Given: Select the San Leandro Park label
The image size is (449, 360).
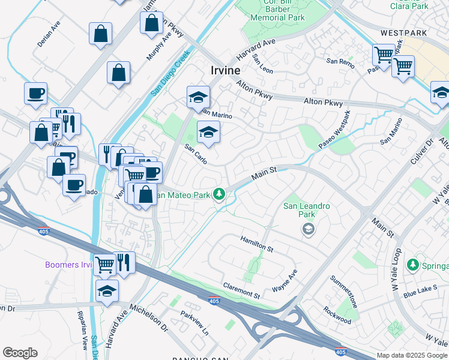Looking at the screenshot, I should (307, 210).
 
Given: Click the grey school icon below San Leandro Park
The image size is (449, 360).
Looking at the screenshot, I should (308, 229).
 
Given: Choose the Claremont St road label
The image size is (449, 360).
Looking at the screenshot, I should (241, 291).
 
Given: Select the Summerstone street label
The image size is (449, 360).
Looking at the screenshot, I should (345, 292).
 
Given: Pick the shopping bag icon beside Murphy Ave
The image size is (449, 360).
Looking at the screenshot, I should (152, 23).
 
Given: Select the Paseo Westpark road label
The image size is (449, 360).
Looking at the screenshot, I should (334, 131).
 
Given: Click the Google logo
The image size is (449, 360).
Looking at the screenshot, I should (20, 353).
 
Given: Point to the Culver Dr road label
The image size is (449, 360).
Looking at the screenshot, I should (429, 151).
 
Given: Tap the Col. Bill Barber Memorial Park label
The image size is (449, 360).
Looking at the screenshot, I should (277, 12).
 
